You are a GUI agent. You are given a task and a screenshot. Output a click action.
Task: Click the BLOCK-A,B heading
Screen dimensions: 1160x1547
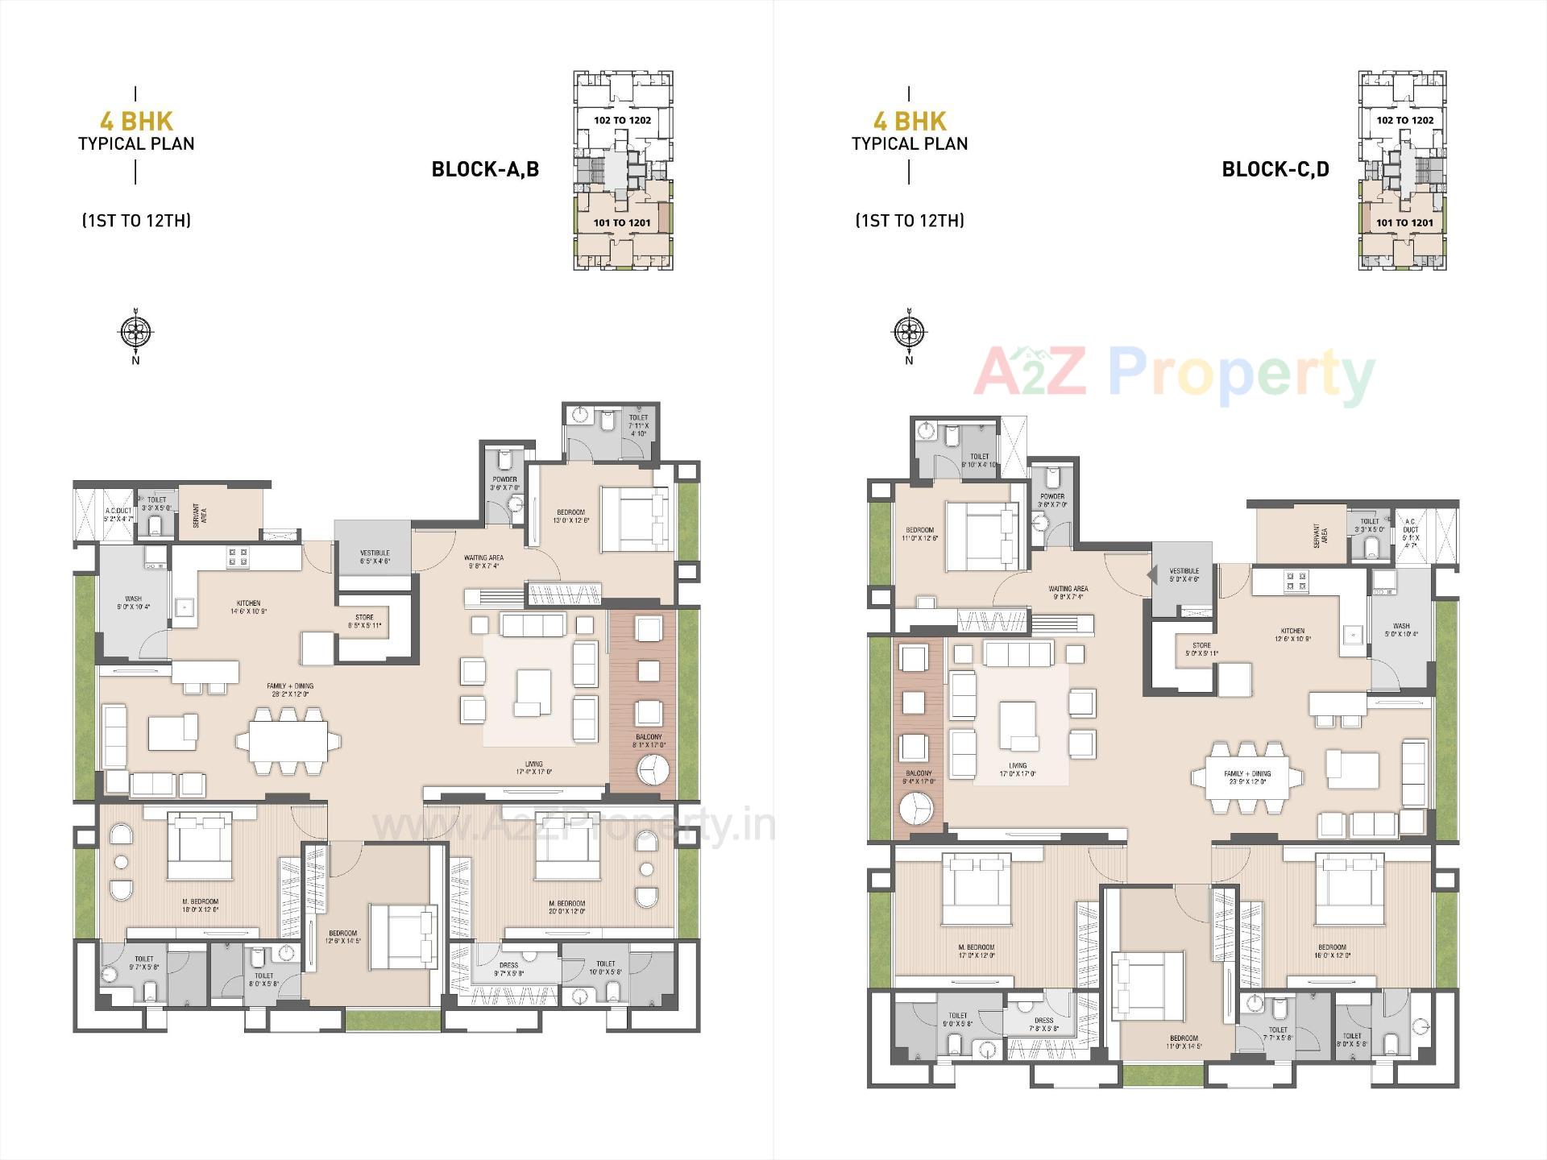(x=485, y=169)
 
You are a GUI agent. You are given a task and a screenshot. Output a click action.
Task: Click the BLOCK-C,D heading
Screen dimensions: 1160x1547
(x=1275, y=169)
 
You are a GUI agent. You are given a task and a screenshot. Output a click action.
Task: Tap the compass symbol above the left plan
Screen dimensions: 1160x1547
(x=135, y=330)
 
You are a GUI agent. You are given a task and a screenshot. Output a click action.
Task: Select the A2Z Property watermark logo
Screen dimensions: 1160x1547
(x=1174, y=373)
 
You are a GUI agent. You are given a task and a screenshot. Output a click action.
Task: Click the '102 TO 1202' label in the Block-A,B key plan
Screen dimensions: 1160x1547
(x=622, y=120)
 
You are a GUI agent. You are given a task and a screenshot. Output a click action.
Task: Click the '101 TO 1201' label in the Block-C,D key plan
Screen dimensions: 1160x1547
(x=1404, y=223)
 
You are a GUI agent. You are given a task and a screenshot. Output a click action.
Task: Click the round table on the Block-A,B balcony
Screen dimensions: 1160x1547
(x=653, y=769)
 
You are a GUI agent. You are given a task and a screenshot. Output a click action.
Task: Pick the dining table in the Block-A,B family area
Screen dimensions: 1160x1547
(x=288, y=740)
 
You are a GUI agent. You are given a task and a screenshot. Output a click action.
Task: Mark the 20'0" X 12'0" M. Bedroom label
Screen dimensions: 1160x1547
(x=566, y=907)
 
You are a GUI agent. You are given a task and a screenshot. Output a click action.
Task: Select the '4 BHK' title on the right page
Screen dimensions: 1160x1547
(x=910, y=121)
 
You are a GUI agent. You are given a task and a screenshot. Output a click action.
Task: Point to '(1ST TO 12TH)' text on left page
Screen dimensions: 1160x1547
(x=136, y=221)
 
